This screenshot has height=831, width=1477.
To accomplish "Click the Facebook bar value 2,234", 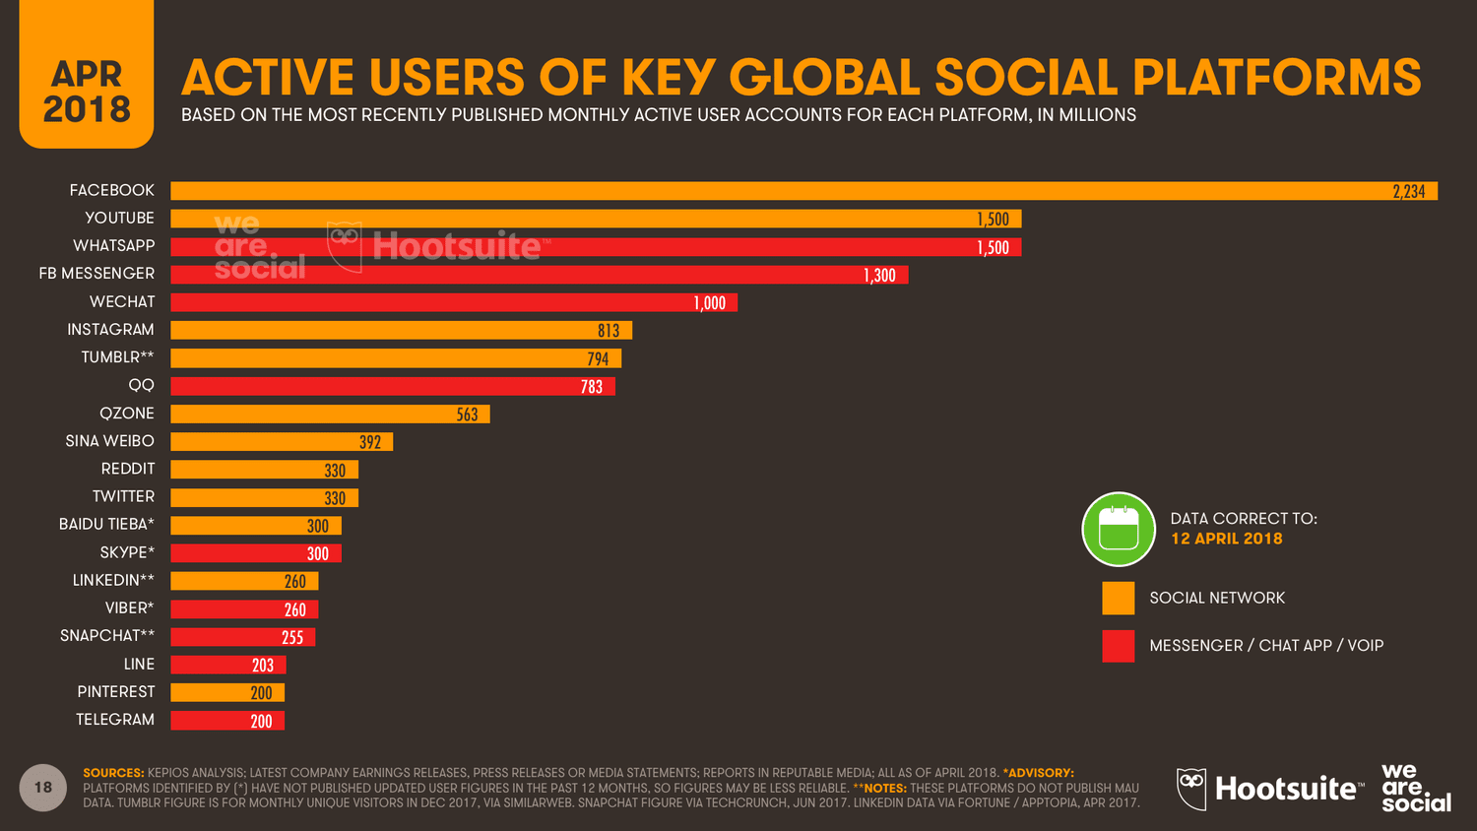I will [1408, 191].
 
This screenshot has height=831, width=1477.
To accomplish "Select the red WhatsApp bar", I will [595, 247].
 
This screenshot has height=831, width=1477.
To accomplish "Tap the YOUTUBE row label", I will [119, 218].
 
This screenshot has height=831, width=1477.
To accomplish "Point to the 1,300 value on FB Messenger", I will [879, 276].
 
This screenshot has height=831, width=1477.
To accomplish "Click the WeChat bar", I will [453, 302].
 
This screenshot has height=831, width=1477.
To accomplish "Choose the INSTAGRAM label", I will [110, 330].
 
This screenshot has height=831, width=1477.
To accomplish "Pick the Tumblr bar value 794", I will [598, 359].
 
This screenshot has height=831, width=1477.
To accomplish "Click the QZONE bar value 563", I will [467, 415].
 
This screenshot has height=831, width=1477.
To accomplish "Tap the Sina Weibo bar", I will [281, 442].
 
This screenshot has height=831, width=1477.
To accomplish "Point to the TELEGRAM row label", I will [115, 720].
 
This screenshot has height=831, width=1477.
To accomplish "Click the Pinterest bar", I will [227, 693].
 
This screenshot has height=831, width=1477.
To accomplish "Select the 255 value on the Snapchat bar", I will [292, 638].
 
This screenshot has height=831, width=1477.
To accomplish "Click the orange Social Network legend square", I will [1118, 598].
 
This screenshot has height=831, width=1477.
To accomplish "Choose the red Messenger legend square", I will [1118, 646].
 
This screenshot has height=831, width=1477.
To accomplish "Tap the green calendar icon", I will [1119, 530].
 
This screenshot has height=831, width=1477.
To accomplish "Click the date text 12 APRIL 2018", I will [1226, 539].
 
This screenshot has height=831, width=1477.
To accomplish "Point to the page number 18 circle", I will [43, 788].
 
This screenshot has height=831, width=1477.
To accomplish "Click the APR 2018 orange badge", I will [87, 91].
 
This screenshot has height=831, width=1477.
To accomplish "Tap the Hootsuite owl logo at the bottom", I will [1191, 789].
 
